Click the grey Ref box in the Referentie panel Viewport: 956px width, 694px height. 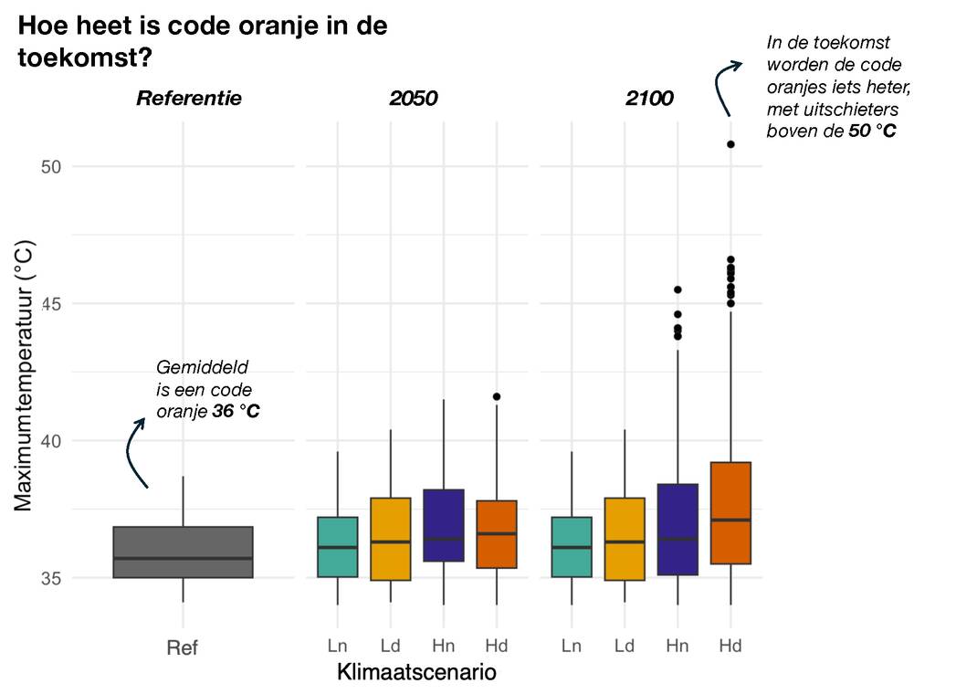click(x=183, y=552)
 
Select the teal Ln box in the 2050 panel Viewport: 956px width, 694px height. click(x=338, y=546)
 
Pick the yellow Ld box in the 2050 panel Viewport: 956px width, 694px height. click(x=391, y=539)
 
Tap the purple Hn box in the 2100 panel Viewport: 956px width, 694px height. click(x=678, y=529)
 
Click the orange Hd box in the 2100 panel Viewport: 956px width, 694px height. click(x=730, y=512)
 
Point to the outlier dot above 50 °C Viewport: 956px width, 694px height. click(x=730, y=144)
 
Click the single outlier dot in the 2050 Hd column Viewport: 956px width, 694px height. click(x=497, y=396)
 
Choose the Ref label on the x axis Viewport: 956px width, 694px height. click(x=183, y=647)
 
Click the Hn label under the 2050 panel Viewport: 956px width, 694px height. click(x=444, y=647)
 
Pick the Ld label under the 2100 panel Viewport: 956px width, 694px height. click(x=625, y=647)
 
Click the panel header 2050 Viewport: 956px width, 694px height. click(x=414, y=98)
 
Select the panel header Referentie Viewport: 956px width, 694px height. click(x=189, y=98)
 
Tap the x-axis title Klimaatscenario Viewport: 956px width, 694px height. click(x=416, y=674)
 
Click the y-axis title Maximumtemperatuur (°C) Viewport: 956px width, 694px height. click(x=25, y=374)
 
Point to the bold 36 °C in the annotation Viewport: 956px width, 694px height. click(x=236, y=411)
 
